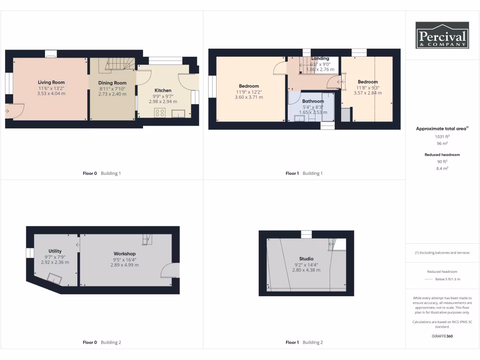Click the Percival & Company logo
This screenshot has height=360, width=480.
[x=442, y=35]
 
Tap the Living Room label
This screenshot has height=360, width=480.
[x=51, y=82]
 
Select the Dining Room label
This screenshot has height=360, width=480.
[x=112, y=83]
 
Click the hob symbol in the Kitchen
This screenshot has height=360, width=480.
[x=160, y=112]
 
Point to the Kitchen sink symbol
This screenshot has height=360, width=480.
[x=179, y=113]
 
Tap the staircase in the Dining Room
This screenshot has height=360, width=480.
[x=119, y=64]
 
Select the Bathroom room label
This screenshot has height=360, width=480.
[x=313, y=101]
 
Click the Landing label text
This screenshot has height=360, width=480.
[x=320, y=59]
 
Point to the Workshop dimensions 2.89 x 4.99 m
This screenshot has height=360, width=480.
[x=124, y=265]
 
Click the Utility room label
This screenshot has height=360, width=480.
[x=55, y=251]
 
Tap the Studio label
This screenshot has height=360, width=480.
[x=306, y=259]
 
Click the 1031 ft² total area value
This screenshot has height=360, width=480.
[x=442, y=136]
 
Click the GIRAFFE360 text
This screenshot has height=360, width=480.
[x=442, y=336]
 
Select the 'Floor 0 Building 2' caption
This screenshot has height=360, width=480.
[x=102, y=342]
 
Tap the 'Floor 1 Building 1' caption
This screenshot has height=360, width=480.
[x=304, y=173]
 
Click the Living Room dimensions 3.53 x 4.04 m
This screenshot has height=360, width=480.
[x=51, y=93]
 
